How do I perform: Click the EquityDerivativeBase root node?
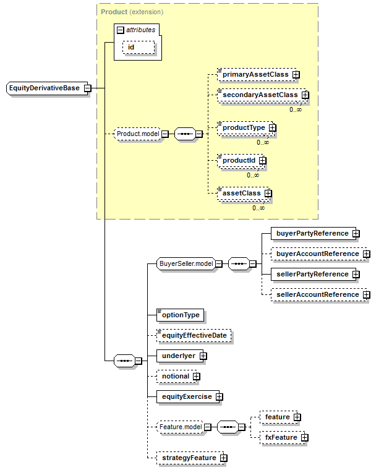(45, 88)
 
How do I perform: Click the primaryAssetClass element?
(255, 75)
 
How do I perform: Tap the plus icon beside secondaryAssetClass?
(305, 96)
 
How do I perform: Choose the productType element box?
(244, 128)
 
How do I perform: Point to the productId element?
(239, 160)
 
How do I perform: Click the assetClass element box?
(242, 193)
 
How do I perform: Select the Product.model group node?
(138, 134)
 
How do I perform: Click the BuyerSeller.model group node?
(186, 263)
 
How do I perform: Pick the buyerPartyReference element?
(312, 233)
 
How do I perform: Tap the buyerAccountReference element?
(317, 254)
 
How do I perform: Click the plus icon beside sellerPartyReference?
(356, 274)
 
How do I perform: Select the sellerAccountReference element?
(317, 294)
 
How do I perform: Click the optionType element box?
(180, 315)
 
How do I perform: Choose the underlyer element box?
(178, 356)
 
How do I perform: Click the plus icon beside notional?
(196, 376)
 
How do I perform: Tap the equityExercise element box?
(186, 396)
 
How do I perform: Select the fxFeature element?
(281, 437)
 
